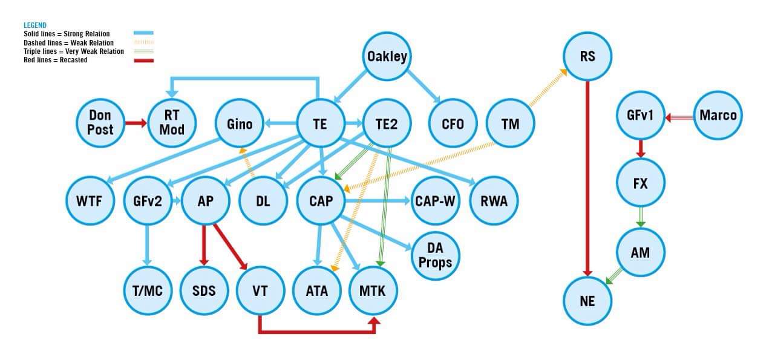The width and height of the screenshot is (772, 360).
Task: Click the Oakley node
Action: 387,57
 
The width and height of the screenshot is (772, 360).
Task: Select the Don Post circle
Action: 100,123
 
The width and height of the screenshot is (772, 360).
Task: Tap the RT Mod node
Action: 172,123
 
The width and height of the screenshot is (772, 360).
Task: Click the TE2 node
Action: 387,123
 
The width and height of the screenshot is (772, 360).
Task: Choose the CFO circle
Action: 453,123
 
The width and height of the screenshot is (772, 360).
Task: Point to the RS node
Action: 587,57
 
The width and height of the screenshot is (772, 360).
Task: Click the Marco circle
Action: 718,115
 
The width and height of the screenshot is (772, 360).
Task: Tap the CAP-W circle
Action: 435,201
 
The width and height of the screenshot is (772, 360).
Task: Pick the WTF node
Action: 91,201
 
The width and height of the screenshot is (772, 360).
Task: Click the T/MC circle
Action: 147,291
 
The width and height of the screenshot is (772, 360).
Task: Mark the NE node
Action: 587,300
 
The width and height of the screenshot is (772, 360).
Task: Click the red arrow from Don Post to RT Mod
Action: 136,123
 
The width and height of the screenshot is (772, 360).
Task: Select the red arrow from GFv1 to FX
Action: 641,149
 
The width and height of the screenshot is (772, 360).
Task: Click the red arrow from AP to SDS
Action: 204,245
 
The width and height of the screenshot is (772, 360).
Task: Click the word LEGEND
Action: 35,25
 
